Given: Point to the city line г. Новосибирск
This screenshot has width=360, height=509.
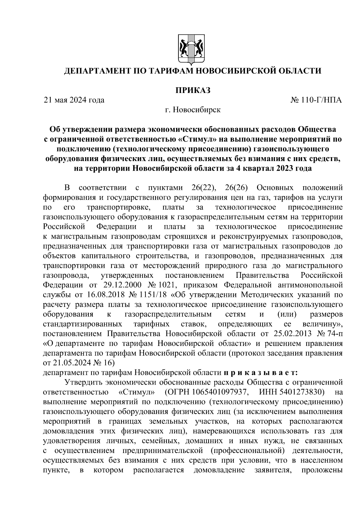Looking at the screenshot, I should tap(193, 110).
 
